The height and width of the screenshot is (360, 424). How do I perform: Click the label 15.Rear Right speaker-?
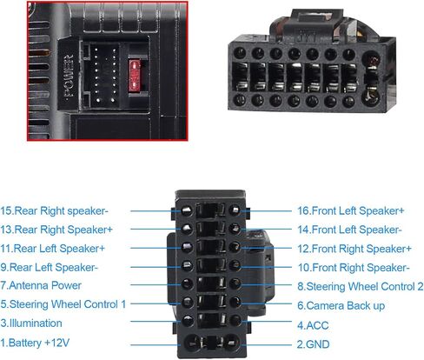[x=54, y=210]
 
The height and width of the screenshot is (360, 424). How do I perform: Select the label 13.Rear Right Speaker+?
[x=56, y=230]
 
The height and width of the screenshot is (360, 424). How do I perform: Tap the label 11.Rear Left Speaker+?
[x=52, y=249]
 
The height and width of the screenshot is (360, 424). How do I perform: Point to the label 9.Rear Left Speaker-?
[x=49, y=267]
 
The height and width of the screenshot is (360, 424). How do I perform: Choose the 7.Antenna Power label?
[x=41, y=285]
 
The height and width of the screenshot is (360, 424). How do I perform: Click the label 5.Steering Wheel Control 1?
[x=63, y=304]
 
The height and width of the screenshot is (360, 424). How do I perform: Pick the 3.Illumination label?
[x=31, y=323]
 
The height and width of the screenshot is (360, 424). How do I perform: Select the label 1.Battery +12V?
[x=35, y=343]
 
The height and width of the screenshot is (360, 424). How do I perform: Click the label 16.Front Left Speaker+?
[x=351, y=210]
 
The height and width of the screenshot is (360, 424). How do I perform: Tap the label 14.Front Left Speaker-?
[x=349, y=230]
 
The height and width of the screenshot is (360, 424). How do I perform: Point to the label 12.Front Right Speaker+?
[x=354, y=249]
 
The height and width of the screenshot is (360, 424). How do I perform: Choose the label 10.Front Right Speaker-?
[x=354, y=268]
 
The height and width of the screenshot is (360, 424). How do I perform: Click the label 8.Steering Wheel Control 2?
[x=361, y=286]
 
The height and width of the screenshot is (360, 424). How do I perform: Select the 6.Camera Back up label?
[x=341, y=305]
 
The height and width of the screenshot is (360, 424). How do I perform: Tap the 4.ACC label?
[x=313, y=325]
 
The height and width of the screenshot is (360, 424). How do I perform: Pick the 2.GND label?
[x=313, y=344]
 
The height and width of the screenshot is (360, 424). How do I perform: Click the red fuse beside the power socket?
[x=135, y=76]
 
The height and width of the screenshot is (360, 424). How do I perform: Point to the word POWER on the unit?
[x=69, y=76]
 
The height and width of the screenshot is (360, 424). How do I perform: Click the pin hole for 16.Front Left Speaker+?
[x=235, y=210]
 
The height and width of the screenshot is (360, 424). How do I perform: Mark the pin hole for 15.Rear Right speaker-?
[x=187, y=210]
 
